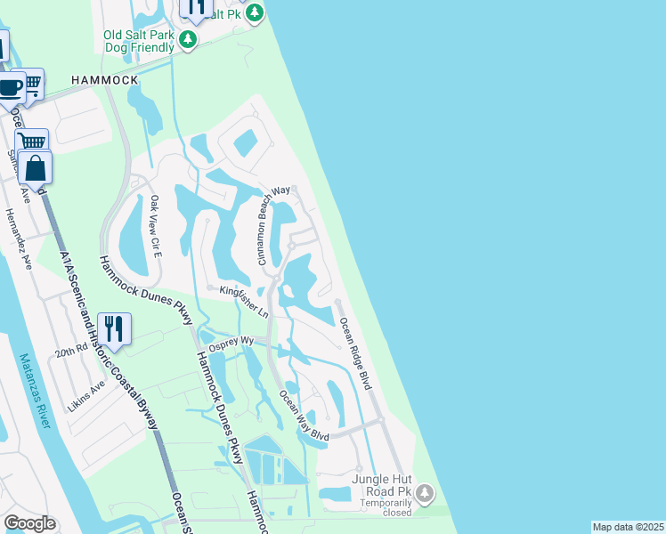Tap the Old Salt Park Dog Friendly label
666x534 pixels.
tap(139, 42)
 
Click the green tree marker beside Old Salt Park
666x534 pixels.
tap(188, 39)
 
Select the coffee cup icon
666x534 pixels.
tap(9, 88)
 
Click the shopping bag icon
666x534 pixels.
tap(35, 168)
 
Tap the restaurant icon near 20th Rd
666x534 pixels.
tap(113, 328)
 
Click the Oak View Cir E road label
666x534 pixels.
tap(156, 226)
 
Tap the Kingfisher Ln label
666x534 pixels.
tap(243, 301)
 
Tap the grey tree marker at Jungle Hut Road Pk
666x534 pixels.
tap(426, 492)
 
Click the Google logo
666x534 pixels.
tap(29, 523)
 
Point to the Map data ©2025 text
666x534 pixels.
tap(628, 527)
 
